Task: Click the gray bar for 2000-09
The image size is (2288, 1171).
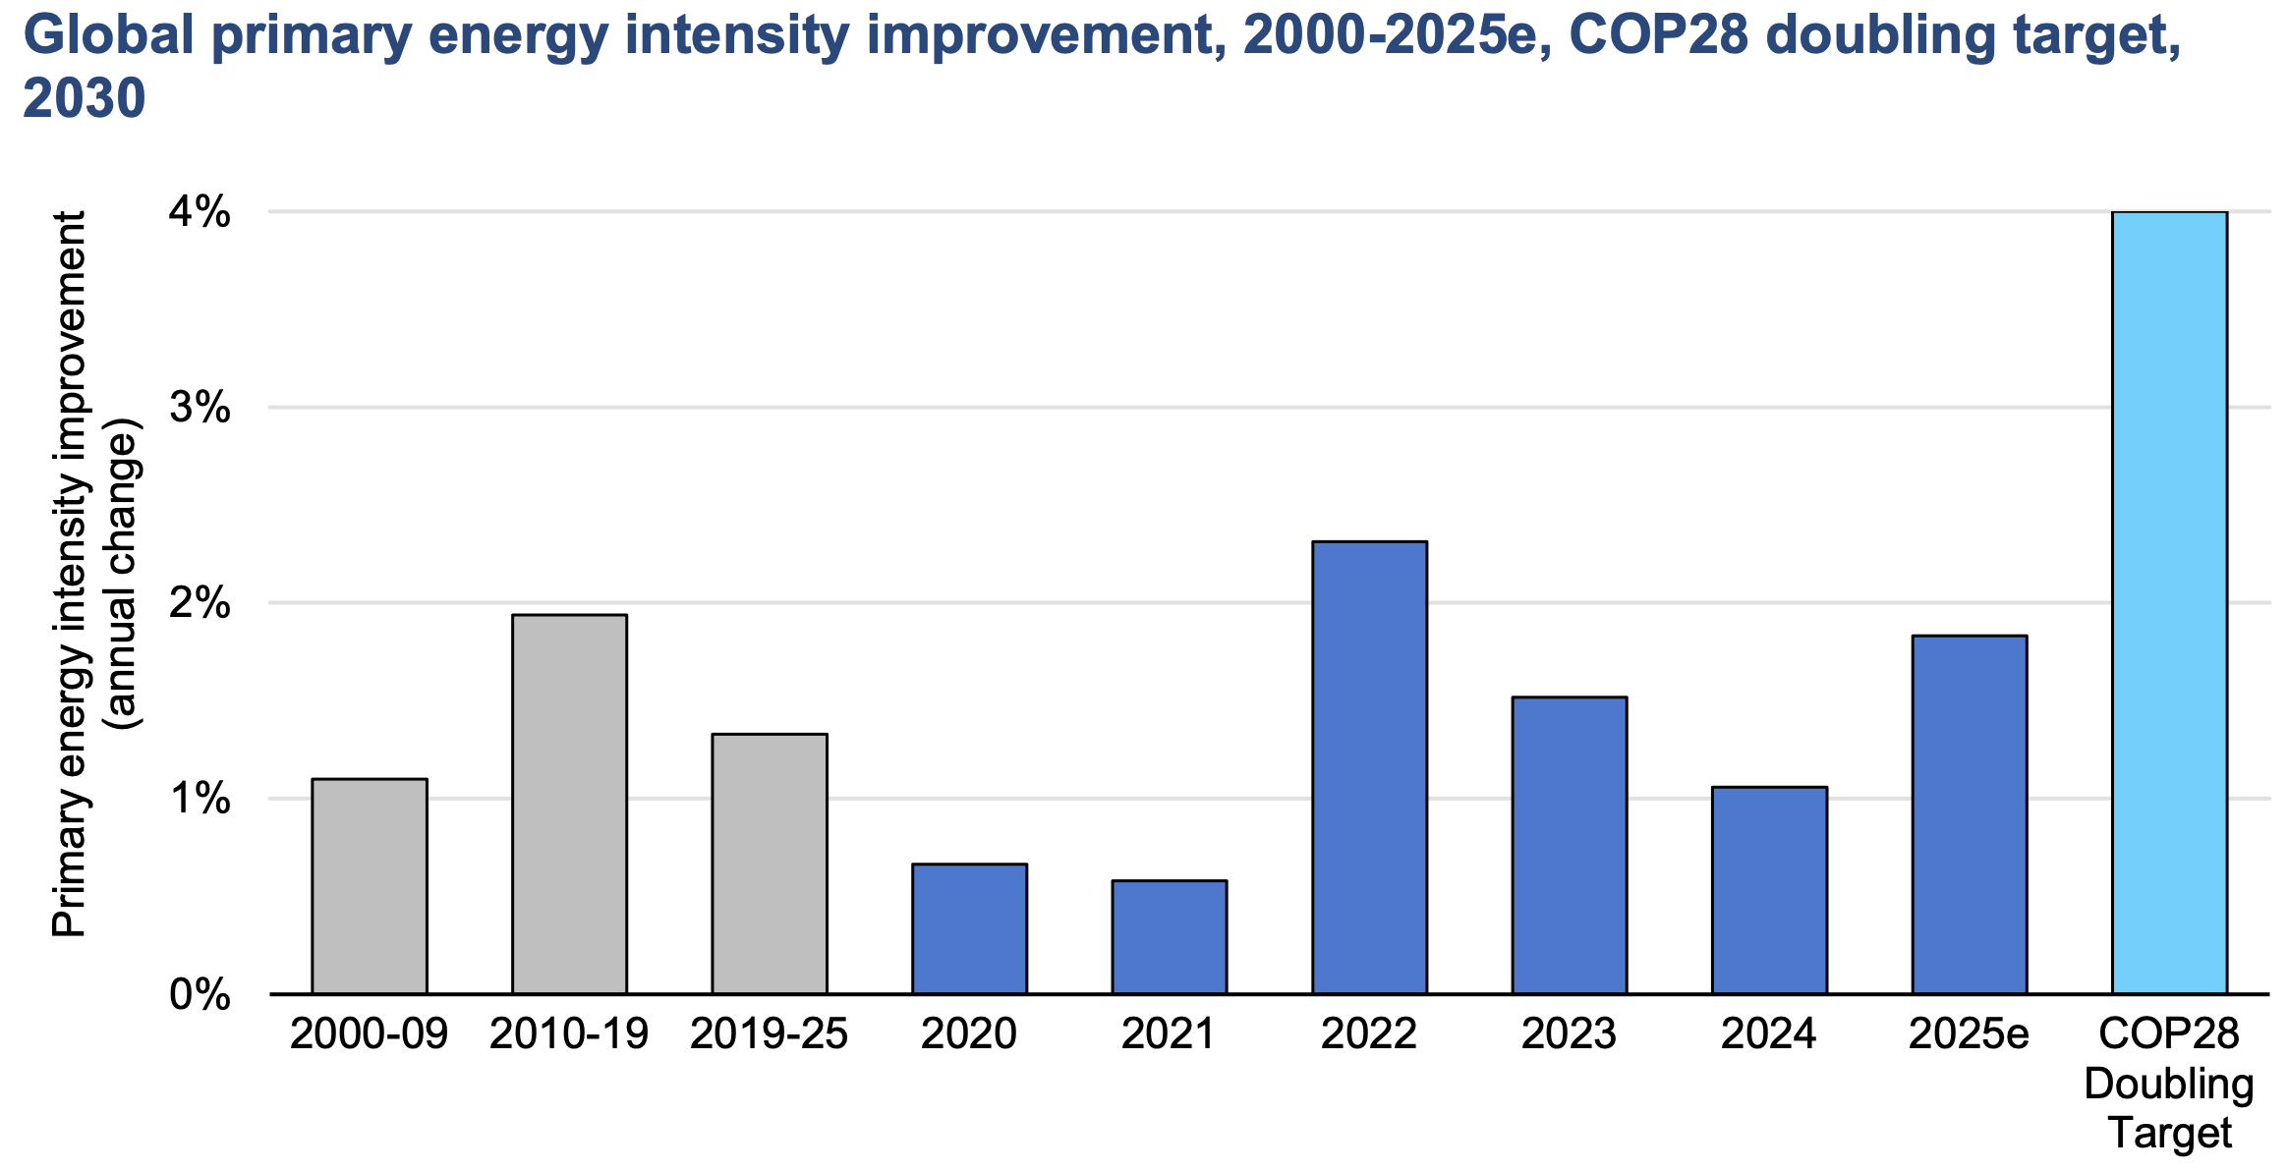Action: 370,886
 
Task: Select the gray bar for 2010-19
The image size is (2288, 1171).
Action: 569,805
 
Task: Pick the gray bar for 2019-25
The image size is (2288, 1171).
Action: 770,864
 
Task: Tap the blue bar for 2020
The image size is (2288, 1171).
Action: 969,928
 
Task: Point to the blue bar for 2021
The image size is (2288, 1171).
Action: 1169,937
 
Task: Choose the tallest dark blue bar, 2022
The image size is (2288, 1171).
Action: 1369,767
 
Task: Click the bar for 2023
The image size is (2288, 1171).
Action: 1569,845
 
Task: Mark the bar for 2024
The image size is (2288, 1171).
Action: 1769,890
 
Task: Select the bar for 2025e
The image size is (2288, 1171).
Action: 1969,814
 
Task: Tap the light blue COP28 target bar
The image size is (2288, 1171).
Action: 2169,602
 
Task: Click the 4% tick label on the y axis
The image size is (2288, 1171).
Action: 200,212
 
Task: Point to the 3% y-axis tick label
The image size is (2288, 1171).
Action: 200,408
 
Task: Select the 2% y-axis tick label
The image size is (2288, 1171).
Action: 200,603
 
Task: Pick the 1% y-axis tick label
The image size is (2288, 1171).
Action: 200,799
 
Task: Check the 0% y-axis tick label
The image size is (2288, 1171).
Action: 200,995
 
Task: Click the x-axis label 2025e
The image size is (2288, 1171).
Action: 1969,1034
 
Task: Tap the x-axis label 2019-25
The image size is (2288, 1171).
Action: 770,1034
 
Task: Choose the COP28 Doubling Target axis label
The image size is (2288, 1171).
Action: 2169,1084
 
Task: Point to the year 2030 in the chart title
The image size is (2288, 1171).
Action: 85,98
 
